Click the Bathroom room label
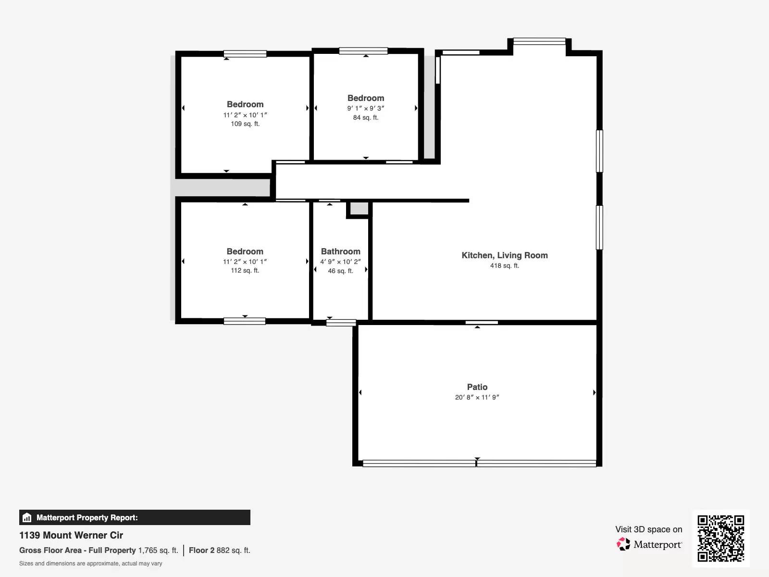[340, 251]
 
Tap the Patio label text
[477, 387]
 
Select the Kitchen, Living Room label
[505, 255]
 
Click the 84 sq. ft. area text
[365, 117]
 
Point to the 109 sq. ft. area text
[245, 124]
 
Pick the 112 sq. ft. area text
[245, 271]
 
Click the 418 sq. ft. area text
[505, 265]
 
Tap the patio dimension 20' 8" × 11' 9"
[477, 397]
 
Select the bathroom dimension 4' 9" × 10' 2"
[340, 262]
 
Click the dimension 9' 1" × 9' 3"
[365, 108]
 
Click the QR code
[720, 538]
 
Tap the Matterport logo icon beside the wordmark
[623, 544]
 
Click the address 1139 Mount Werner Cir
[71, 535]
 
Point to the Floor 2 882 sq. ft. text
[219, 550]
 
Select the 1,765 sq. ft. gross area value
[158, 550]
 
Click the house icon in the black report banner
[27, 518]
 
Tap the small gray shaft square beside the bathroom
[359, 209]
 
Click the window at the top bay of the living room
[539, 41]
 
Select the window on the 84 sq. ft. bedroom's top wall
[363, 51]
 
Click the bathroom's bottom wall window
[341, 323]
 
